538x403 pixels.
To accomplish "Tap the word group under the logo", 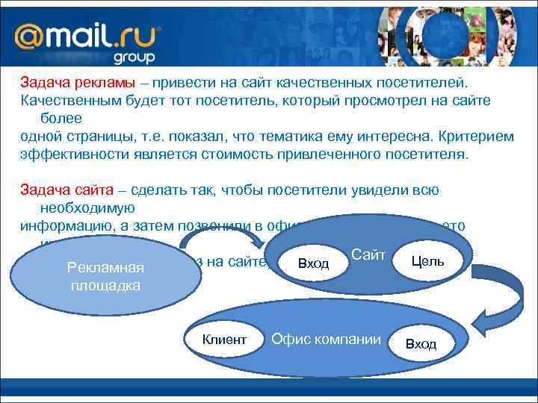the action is click(134, 57).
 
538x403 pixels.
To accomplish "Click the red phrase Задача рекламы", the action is click(72, 83).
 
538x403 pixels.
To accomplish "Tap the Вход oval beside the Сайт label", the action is click(312, 263).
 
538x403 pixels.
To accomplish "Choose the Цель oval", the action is click(427, 260).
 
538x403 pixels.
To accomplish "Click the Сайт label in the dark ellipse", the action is click(368, 255).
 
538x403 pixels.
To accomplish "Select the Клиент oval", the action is click(223, 340).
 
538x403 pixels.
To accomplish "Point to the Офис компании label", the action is click(326, 340).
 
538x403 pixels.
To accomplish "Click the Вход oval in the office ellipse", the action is click(421, 343).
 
